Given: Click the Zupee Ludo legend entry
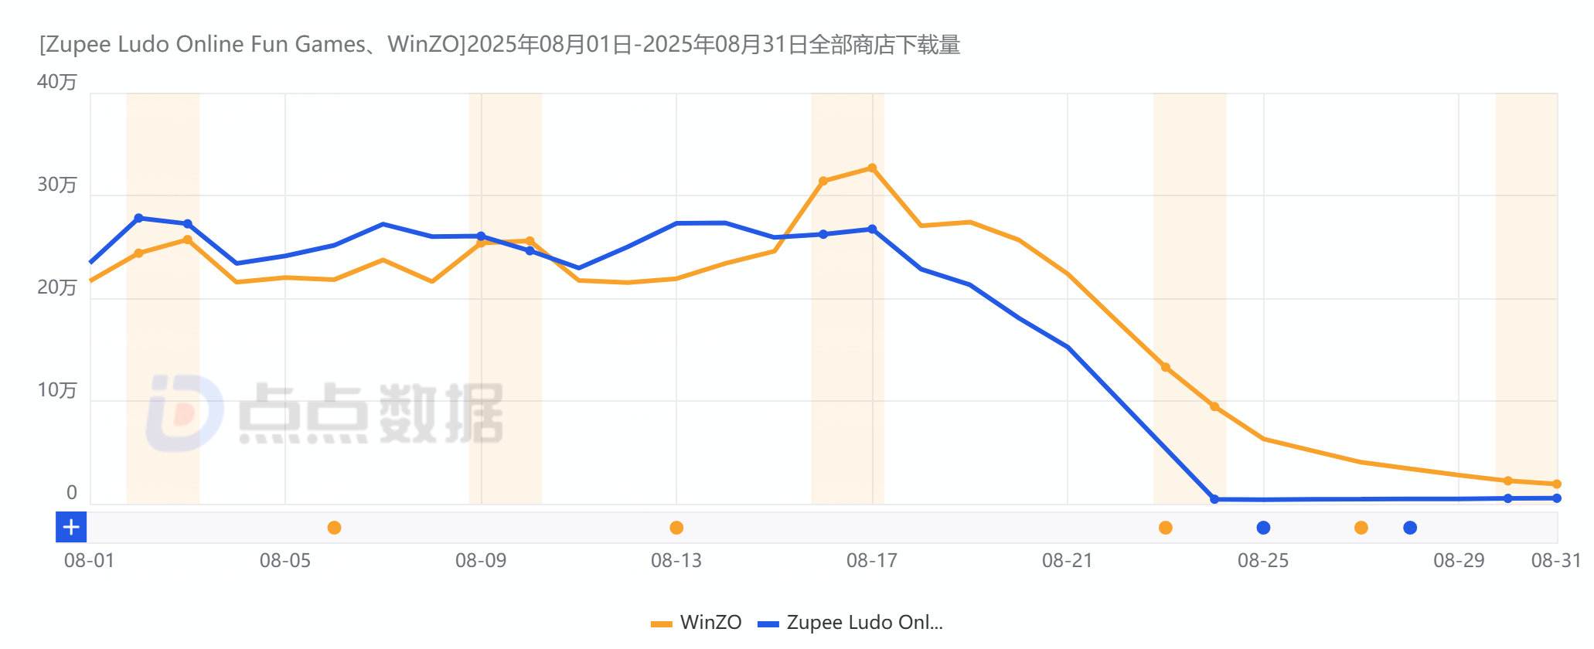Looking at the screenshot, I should coord(850,623).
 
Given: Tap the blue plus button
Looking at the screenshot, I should coord(71,528).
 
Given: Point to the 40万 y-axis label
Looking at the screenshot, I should coord(57,82).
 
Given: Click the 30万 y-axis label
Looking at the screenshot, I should coord(57,185).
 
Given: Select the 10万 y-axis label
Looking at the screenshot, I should coord(57,390).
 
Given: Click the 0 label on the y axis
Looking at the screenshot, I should coord(71,493).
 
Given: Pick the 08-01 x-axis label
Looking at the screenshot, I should coord(89,560).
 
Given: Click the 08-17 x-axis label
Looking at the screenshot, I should coord(872,560).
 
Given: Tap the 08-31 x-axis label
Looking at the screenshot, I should coord(1555,560).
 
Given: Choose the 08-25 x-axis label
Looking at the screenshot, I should coord(1263,560).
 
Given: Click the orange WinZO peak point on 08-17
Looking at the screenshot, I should coord(872,168).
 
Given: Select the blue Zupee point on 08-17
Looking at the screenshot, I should coord(872,229).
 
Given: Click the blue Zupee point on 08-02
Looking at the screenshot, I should coord(138,219).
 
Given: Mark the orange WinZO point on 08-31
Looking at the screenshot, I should coord(1557,484).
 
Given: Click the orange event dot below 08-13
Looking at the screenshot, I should coord(676,528).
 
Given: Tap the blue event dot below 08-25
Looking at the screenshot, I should coord(1263,528).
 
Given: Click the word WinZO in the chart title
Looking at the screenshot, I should coord(424,45).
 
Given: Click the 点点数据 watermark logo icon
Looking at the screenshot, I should coord(184,413).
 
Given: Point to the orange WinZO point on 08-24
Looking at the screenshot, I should coord(1214,406).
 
